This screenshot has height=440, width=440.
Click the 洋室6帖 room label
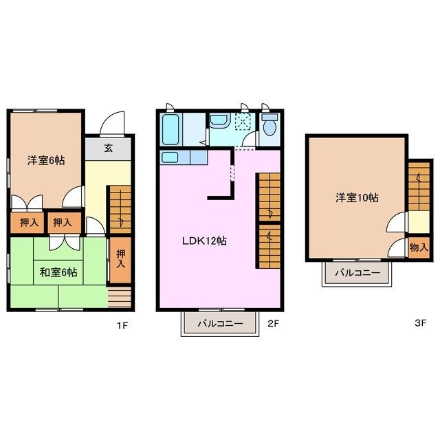pyautogui.click(x=46, y=160)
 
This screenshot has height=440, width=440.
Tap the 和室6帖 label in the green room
pyautogui.click(x=58, y=272)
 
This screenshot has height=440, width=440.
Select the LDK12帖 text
pyautogui.click(x=205, y=241)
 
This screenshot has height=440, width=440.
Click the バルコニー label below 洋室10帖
pyautogui.click(x=357, y=273)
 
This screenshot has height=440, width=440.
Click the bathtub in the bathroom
pyautogui.click(x=170, y=127)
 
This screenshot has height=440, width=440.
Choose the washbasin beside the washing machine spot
pyautogui.click(x=219, y=121)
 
